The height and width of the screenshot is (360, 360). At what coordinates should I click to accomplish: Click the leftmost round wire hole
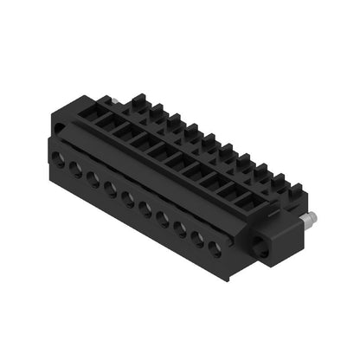tap(58, 157)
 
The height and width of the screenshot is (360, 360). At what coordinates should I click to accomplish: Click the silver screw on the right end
tap(308, 219)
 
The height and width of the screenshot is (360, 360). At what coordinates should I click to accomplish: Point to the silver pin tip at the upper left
tap(116, 100)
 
